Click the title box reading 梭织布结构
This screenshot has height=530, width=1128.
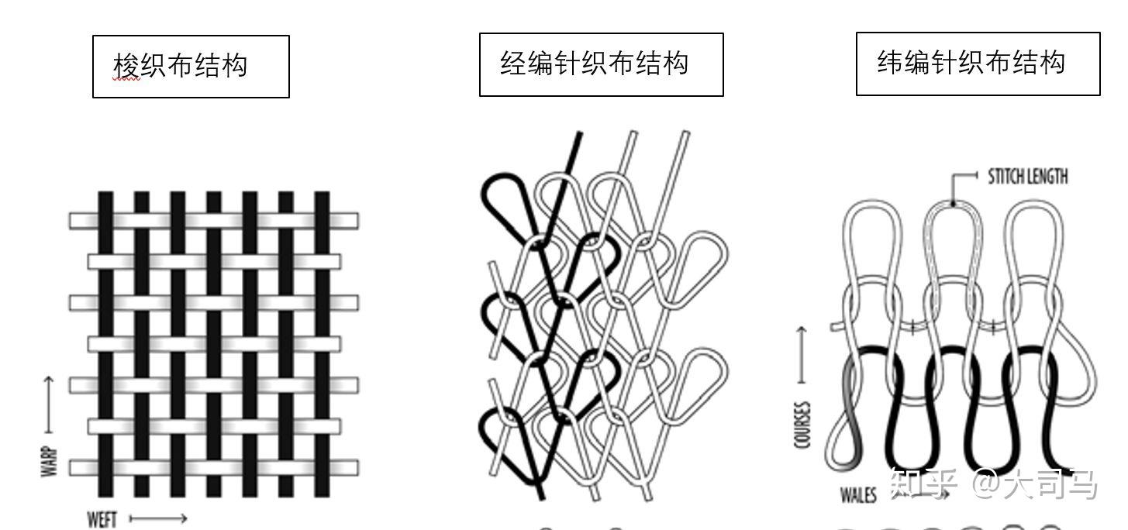(191, 66)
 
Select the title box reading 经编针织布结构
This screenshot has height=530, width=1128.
(601, 64)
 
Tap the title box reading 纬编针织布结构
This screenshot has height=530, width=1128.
(978, 64)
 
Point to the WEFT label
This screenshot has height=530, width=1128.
(102, 518)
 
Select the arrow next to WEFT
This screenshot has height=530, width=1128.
(158, 518)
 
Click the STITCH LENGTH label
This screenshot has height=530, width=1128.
(1027, 177)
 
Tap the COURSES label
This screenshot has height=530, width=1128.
(802, 424)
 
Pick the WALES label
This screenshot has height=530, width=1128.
(858, 494)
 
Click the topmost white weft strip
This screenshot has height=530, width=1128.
(214, 220)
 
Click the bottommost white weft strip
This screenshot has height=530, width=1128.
(214, 467)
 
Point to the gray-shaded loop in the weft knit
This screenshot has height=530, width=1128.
(847, 418)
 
